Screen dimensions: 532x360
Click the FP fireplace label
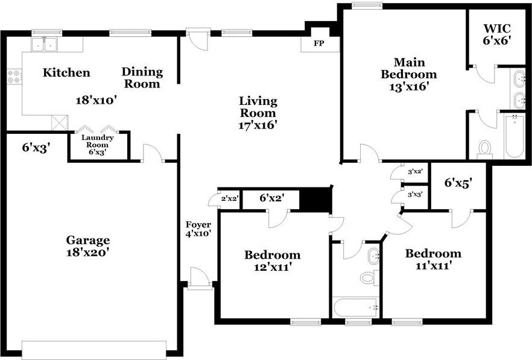point(318,43)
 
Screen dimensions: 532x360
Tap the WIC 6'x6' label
point(497,34)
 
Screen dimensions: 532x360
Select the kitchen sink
point(45,45)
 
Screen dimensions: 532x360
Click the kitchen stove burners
point(14,77)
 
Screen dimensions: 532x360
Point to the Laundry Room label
point(97,141)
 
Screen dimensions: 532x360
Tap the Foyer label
point(198,224)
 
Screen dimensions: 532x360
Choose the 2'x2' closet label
point(230,198)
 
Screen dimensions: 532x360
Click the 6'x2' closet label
point(272,197)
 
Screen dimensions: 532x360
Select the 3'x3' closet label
point(415,195)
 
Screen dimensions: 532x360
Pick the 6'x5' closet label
point(458,183)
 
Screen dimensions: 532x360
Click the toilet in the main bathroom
point(485,150)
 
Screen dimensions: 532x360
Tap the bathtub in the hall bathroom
point(356,308)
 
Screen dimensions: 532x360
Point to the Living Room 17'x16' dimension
point(258,125)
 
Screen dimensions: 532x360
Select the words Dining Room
point(142,78)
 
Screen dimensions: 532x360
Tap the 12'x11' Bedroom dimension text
point(273,267)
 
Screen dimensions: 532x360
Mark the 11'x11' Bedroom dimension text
point(433,265)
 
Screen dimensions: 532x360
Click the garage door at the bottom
point(94,350)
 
